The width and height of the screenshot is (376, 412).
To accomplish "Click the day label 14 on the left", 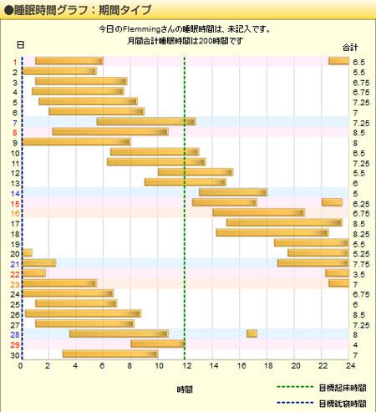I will pyautogui.click(x=15, y=193).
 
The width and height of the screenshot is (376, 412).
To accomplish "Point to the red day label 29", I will pyautogui.click(x=15, y=344).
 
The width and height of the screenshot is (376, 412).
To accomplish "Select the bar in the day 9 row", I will pyautogui.click(x=75, y=143).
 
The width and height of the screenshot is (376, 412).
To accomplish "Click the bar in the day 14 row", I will pyautogui.click(x=232, y=193).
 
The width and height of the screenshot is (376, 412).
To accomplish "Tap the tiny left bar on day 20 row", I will pyautogui.click(x=28, y=253).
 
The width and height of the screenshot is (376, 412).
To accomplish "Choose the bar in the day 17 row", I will pyautogui.click(x=283, y=223).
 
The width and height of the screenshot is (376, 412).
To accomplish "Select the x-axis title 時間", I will pyautogui.click(x=185, y=390).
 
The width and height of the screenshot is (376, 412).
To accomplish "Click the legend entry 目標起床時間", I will pyautogui.click(x=341, y=388).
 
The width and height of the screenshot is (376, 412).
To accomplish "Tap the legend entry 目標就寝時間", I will pyautogui.click(x=341, y=403).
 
